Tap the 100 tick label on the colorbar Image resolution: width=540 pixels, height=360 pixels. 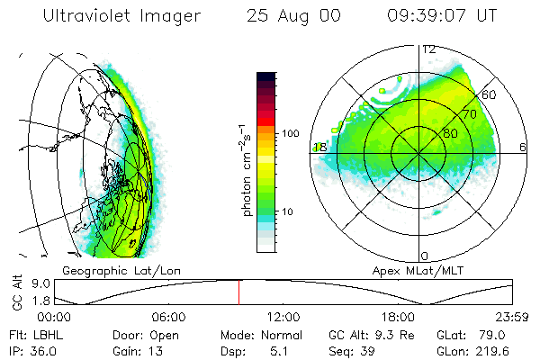(x=289, y=133)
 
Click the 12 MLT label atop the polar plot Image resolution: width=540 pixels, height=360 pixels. (x=428, y=49)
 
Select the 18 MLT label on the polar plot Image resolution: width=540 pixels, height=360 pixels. (x=319, y=147)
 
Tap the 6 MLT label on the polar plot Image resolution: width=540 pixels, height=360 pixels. (x=523, y=147)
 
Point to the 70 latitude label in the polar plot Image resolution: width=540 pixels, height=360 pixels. (x=469, y=114)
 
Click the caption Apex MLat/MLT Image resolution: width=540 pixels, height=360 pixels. (x=410, y=270)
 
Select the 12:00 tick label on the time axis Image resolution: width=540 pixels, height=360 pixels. (x=284, y=317)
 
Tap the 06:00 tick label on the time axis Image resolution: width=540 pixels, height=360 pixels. (x=169, y=317)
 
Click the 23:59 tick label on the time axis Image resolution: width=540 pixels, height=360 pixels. (x=514, y=317)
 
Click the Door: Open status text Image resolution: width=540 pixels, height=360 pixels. (x=133, y=334)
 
